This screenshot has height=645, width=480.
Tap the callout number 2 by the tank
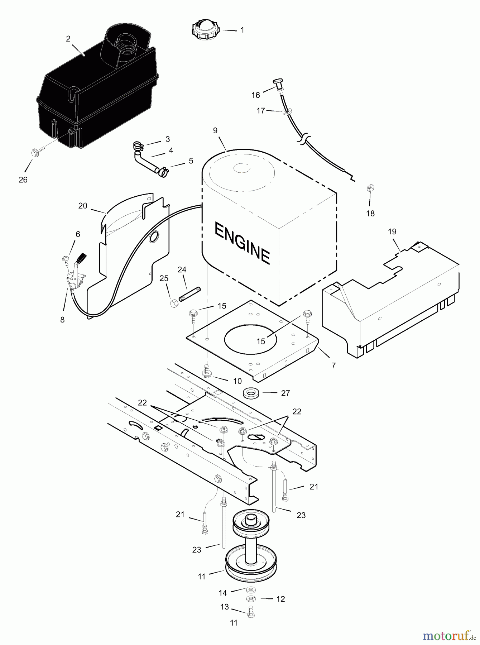pos(68,39)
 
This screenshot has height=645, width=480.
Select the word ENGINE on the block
pos(242,243)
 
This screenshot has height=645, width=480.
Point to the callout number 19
pos(392,231)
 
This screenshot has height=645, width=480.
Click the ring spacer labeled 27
pos(251,393)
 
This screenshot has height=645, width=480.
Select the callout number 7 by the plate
pos(333,365)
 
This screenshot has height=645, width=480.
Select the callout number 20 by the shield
pos(83,206)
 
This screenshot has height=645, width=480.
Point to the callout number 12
pos(280,599)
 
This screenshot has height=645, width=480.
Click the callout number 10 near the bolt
pos(237,381)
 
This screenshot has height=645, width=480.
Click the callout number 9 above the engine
pos(215,130)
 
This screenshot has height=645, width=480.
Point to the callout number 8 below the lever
pos(62,320)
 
